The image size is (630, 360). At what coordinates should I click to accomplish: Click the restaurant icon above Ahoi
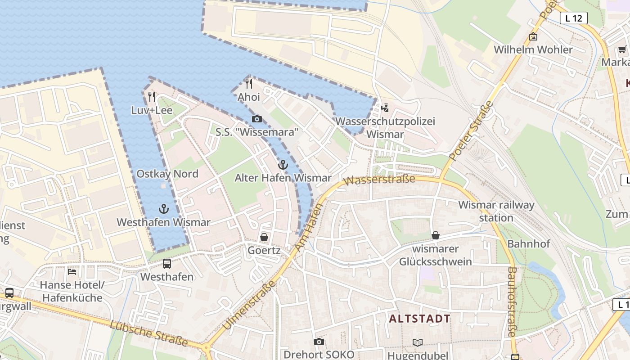[248, 83]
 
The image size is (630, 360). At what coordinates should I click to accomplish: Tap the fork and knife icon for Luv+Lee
[152, 96]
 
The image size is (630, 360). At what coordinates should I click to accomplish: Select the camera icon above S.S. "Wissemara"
[257, 119]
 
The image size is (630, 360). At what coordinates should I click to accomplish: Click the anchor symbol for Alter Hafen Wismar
[283, 165]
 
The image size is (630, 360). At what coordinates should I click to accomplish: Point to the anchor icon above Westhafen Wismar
[164, 209]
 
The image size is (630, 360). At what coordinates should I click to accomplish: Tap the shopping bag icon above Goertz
[264, 237]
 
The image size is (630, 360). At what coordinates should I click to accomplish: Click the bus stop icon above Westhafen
[167, 264]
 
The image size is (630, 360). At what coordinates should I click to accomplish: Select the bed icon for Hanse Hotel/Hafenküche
[72, 271]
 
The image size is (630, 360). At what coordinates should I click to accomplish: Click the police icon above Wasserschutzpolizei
[385, 108]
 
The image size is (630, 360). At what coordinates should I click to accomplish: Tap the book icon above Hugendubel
[418, 342]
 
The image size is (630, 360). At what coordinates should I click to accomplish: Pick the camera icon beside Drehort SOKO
[319, 342]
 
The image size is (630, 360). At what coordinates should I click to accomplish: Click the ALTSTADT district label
[419, 319]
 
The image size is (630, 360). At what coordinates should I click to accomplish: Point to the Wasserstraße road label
[379, 180]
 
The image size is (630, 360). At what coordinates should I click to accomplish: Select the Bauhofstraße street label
[512, 301]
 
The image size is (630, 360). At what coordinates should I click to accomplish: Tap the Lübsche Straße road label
[148, 333]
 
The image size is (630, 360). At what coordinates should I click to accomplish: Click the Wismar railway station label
[496, 211]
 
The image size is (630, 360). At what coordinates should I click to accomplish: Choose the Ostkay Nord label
[167, 174]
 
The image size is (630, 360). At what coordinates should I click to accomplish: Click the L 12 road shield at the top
[574, 18]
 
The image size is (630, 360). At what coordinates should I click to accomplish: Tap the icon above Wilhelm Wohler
[533, 37]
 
